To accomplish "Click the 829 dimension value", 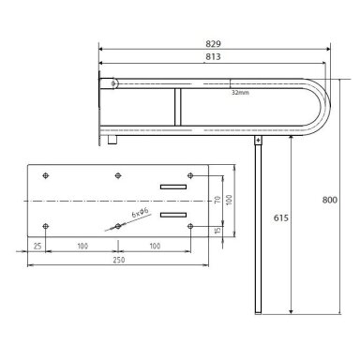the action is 213,44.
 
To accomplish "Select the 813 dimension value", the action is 213,56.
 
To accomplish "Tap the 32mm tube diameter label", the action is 240,93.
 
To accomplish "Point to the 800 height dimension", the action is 330,200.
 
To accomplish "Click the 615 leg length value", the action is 281,217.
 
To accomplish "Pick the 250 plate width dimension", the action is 119,260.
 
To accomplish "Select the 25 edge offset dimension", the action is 37,246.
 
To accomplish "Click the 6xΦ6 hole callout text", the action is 141,213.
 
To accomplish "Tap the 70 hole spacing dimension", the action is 217,200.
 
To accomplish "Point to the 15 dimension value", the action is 217,231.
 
